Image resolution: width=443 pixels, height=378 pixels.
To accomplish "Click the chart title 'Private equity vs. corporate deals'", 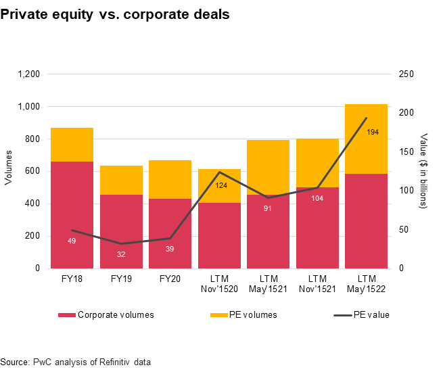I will coord(115,14).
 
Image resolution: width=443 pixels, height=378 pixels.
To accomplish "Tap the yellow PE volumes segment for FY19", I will coord(121,180).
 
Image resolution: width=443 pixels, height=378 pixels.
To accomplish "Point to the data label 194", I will coord(373,132).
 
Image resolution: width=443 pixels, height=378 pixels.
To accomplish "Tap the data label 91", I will coord(269,208).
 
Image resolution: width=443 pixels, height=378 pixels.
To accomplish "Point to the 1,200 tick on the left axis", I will coord(29,74).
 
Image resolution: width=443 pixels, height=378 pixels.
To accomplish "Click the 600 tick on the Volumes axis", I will coord(34,171).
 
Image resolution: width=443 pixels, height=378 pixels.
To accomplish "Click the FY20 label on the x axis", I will coord(170,278).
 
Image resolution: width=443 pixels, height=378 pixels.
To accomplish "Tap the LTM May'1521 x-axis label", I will coord(269,283).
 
